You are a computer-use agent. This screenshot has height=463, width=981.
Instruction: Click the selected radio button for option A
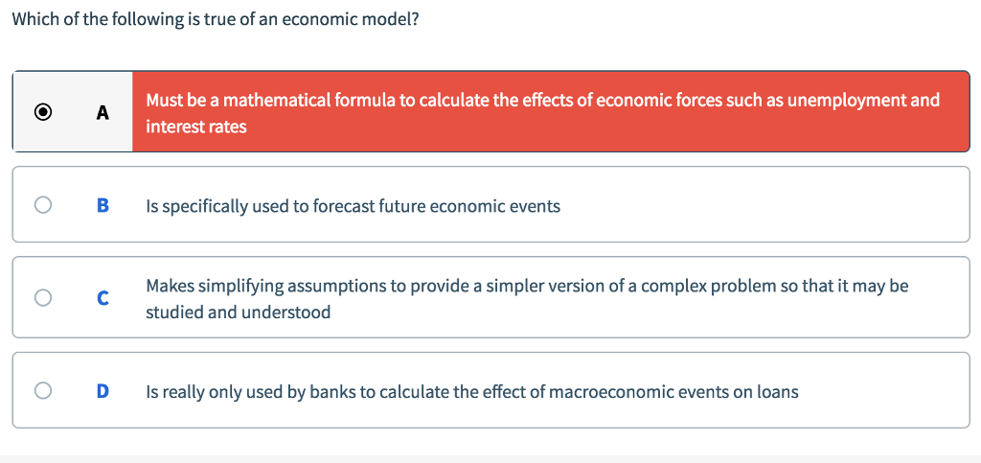[42, 112]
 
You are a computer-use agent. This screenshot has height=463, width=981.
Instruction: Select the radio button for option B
[42, 205]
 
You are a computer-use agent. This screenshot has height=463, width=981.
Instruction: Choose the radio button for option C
[42, 298]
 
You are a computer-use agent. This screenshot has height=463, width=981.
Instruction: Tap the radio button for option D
[42, 391]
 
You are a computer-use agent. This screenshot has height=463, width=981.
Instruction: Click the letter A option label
[103, 112]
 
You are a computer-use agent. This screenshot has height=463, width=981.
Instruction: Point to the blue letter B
[103, 205]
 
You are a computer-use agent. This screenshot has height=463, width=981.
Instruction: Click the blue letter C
[103, 298]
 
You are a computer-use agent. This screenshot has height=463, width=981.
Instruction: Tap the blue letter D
[103, 391]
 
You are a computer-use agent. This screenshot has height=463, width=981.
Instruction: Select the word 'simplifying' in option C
[244, 286]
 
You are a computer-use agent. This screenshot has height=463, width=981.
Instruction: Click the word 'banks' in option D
[333, 392]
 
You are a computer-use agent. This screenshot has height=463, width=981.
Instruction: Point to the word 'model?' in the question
[392, 20]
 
